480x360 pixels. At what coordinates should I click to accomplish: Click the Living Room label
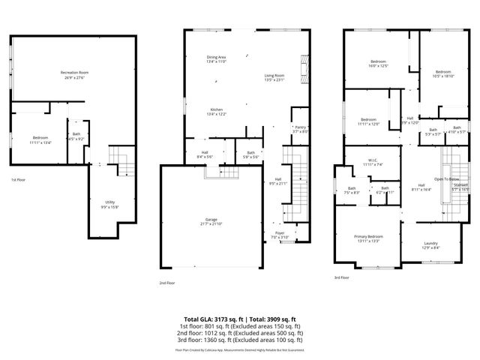coord(274,76)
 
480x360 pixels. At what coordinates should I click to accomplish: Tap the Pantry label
coord(300,129)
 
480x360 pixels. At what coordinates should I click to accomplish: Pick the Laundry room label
coord(430,244)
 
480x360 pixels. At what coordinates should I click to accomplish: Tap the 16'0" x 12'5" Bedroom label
coord(378,63)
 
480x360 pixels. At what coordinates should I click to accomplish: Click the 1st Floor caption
coord(18,181)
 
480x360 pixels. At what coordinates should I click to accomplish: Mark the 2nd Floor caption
coord(166,283)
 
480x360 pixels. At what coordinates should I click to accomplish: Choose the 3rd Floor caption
coord(342,277)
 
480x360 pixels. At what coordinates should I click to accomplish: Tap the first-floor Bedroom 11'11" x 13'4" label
coord(40,140)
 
